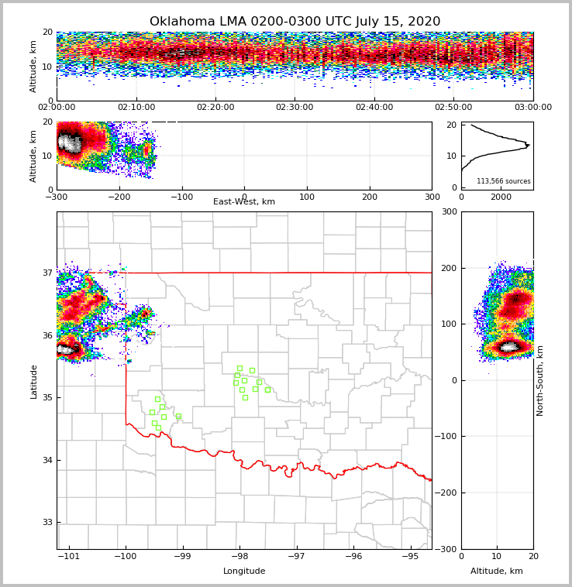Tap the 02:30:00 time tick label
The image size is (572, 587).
tap(295, 108)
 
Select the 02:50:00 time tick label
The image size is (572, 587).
tap(453, 108)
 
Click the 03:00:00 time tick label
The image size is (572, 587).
tap(532, 108)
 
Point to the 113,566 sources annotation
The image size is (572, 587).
tap(503, 181)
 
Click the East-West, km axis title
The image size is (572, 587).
tap(244, 202)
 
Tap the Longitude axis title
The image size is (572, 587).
tap(244, 572)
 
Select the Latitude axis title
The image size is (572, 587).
tap(34, 381)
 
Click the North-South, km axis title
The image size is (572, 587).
tap(540, 380)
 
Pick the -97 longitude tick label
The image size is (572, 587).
tap(296, 556)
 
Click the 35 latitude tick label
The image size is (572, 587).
tap(47, 398)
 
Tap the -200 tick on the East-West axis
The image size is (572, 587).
tap(119, 197)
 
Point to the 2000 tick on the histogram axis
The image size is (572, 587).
tap(501, 197)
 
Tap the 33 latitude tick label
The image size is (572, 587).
tap(47, 523)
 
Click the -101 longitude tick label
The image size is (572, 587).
tap(70, 556)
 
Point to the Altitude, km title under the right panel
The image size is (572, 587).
tap(497, 572)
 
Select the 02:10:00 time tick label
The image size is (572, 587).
tap(136, 108)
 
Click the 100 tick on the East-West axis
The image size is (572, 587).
tap(307, 197)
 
